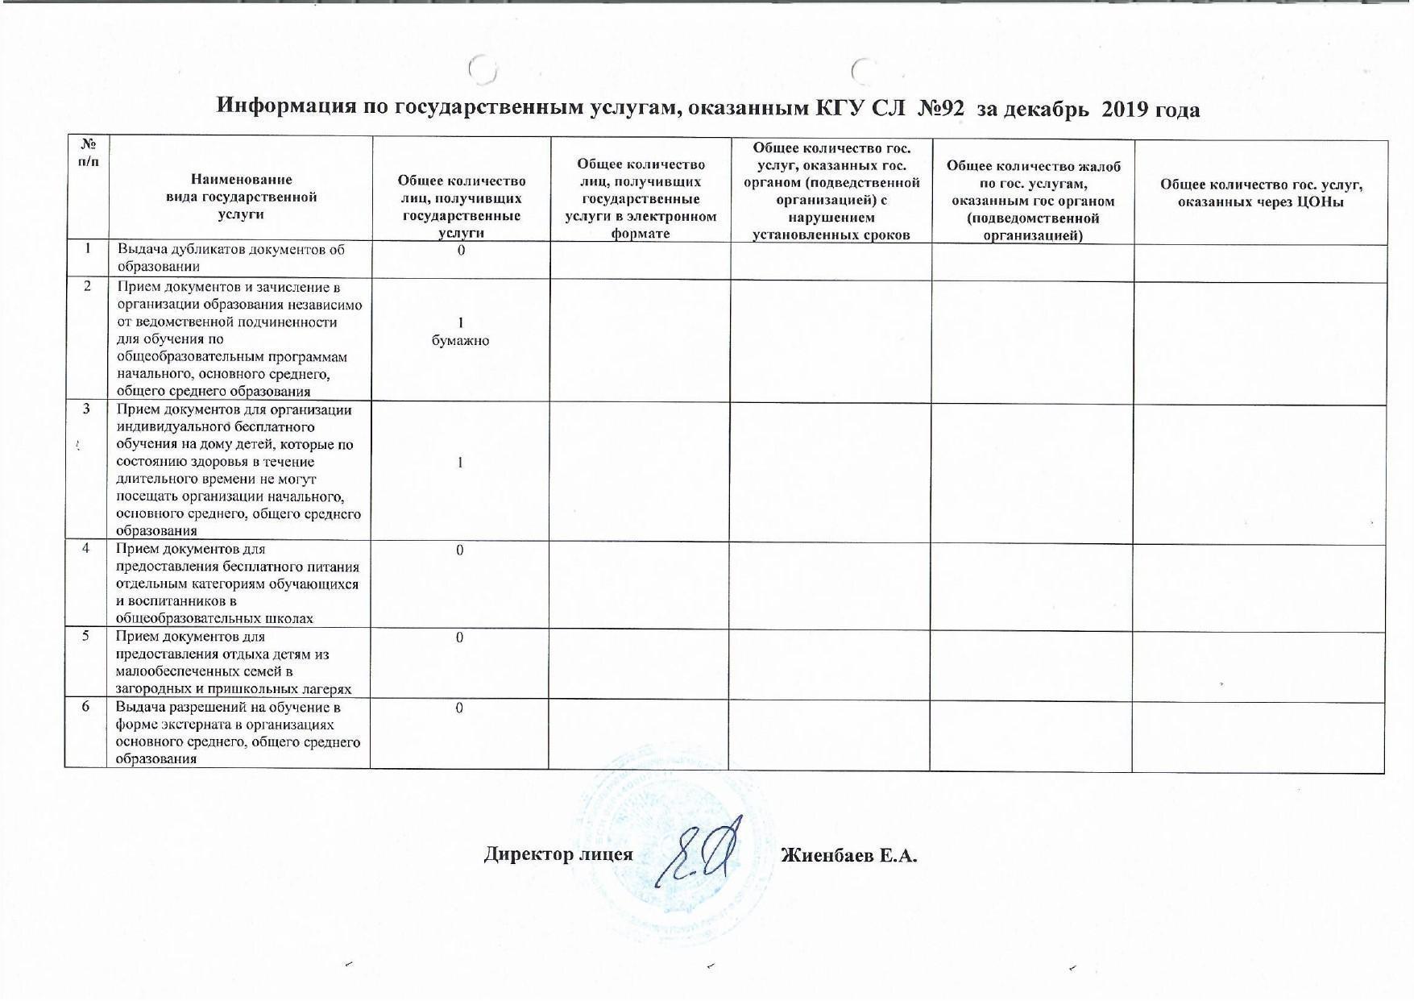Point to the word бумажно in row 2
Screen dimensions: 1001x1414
(460, 341)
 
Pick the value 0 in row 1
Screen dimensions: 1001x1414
(461, 251)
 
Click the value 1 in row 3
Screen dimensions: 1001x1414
(460, 463)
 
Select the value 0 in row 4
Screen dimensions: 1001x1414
(460, 550)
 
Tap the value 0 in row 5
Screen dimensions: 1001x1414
(460, 638)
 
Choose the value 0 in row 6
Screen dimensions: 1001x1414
(460, 708)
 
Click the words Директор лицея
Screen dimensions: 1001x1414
(558, 854)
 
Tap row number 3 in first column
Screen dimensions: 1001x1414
(87, 409)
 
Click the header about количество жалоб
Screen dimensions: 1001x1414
(1033, 201)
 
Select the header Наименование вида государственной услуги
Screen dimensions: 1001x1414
(241, 197)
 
